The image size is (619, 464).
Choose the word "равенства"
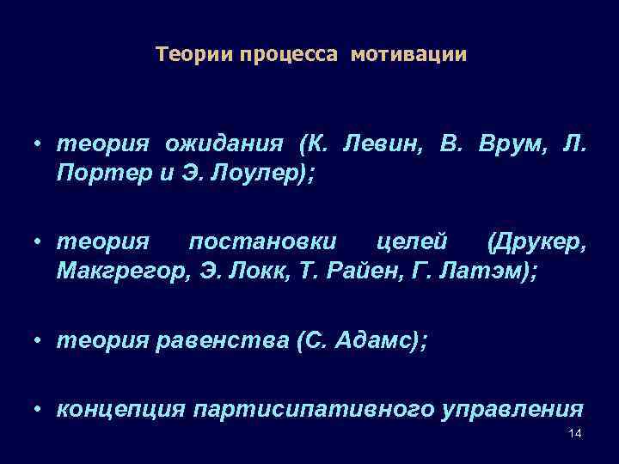(222, 342)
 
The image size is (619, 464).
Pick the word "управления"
(512, 409)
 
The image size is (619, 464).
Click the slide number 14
(575, 433)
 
